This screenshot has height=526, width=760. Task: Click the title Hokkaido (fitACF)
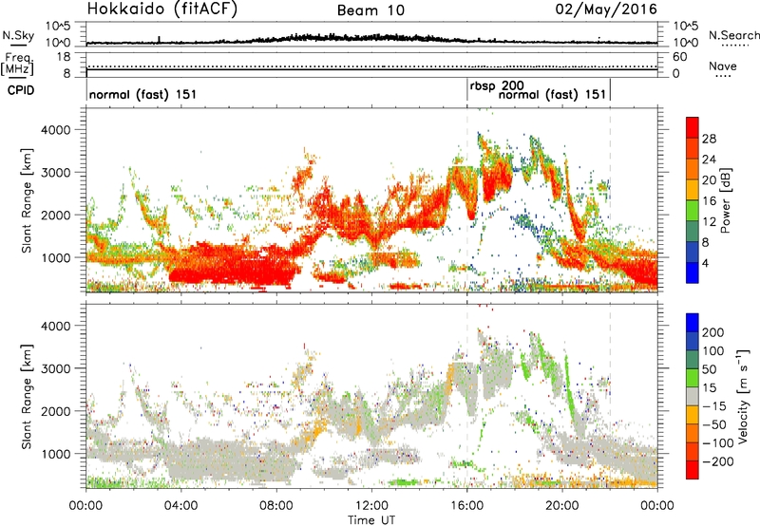pyautogui.click(x=149, y=9)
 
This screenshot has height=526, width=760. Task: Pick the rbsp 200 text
pyautogui.click(x=497, y=85)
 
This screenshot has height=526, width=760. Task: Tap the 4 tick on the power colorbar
pyautogui.click(x=708, y=262)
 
